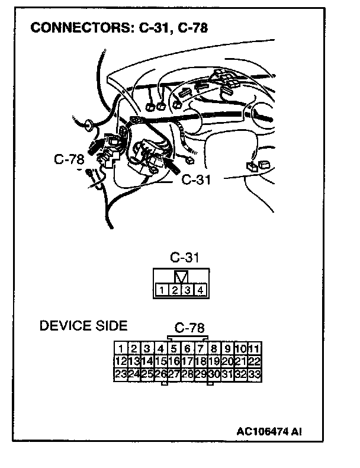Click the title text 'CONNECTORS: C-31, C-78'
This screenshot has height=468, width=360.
click(x=118, y=27)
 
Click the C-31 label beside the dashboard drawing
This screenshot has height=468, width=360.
click(x=195, y=179)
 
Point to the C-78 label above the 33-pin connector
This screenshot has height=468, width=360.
click(x=189, y=328)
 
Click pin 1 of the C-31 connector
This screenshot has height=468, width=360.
click(x=162, y=290)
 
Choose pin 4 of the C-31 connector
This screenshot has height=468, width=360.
click(x=201, y=290)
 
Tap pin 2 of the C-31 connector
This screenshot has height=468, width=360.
click(x=175, y=290)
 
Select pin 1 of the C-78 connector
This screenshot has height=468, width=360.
click(x=121, y=348)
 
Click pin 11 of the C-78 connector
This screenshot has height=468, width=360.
click(x=255, y=348)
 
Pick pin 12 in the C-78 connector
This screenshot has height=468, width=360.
click(x=121, y=361)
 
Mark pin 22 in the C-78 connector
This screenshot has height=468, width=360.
click(x=255, y=361)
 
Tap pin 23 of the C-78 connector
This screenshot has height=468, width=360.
click(x=121, y=374)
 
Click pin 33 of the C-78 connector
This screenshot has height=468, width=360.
click(x=255, y=374)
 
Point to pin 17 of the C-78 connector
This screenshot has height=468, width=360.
click(x=188, y=361)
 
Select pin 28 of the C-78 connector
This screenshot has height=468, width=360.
click(x=188, y=374)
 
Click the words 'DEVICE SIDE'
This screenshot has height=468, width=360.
click(x=83, y=326)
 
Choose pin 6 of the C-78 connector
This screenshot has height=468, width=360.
click(x=188, y=348)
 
